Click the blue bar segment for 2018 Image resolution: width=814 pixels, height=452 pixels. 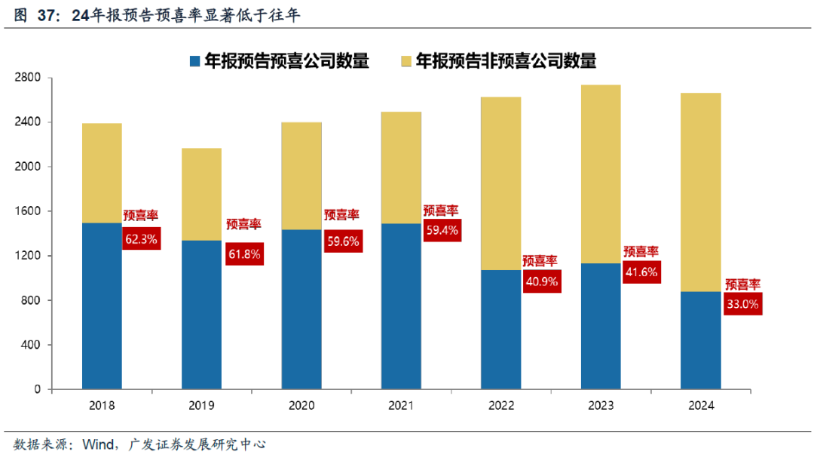(x=102, y=306)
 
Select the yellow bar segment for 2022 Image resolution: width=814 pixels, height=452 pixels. (x=501, y=183)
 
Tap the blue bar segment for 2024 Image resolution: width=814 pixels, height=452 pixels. (x=701, y=340)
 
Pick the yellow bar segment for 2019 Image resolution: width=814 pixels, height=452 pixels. (x=201, y=194)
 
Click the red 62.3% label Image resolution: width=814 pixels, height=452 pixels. (x=141, y=240)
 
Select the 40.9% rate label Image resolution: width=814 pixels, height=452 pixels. (x=542, y=281)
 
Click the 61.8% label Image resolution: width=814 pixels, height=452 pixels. (x=244, y=254)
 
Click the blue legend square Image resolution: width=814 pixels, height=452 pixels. (x=194, y=60)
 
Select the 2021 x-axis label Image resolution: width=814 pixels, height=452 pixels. (x=401, y=405)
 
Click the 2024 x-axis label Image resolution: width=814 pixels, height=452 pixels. (x=701, y=405)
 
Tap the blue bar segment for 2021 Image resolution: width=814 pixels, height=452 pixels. (x=401, y=306)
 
